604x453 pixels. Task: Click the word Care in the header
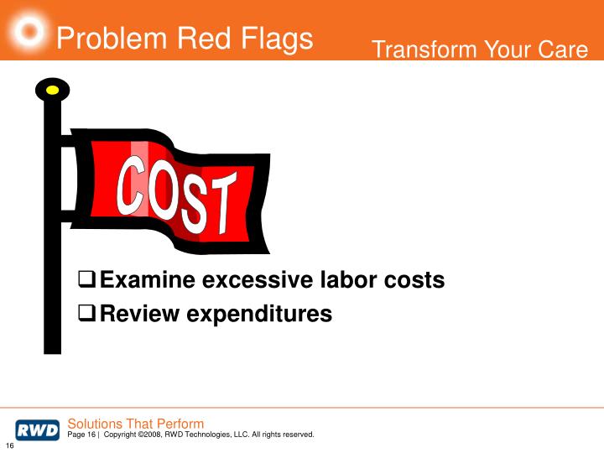tap(562, 50)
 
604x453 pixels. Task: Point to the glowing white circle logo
tap(30, 30)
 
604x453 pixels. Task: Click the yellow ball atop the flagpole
tap(53, 89)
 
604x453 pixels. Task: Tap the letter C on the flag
tap(133, 184)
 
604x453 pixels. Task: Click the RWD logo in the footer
tap(37, 430)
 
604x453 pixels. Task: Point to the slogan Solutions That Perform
tap(135, 424)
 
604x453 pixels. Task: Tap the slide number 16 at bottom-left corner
tap(10, 445)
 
